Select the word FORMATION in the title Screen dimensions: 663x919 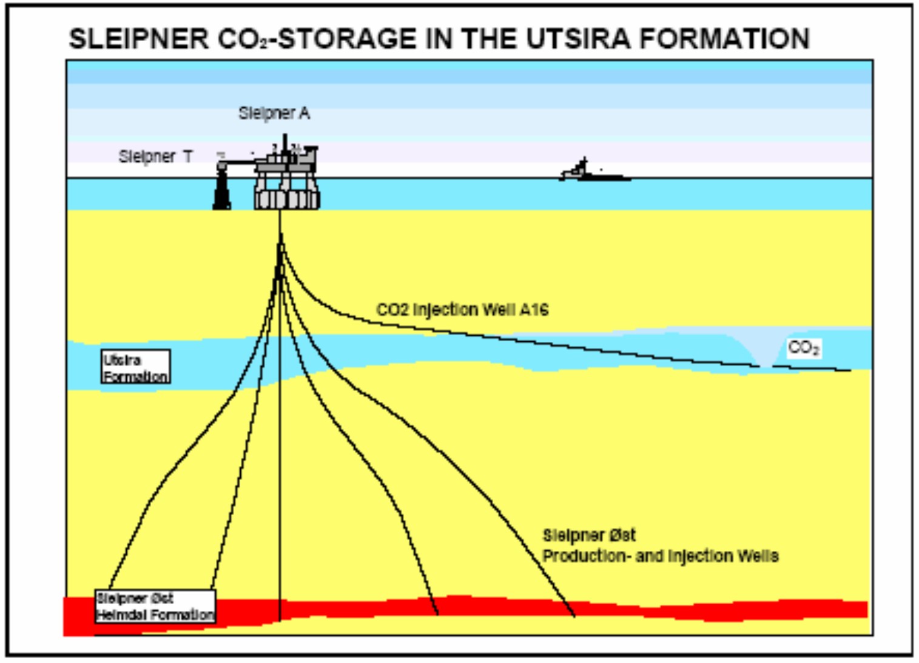(725, 39)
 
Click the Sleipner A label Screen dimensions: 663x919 (274, 113)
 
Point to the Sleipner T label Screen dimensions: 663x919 (155, 156)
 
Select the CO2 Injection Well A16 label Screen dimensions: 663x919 (462, 310)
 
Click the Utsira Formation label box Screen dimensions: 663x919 (135, 367)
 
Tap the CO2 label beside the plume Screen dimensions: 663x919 (804, 348)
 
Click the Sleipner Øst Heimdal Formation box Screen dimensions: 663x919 (155, 606)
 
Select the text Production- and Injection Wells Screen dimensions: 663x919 (660, 556)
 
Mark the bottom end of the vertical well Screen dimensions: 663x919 (280, 619)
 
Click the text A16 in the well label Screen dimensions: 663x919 (534, 310)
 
